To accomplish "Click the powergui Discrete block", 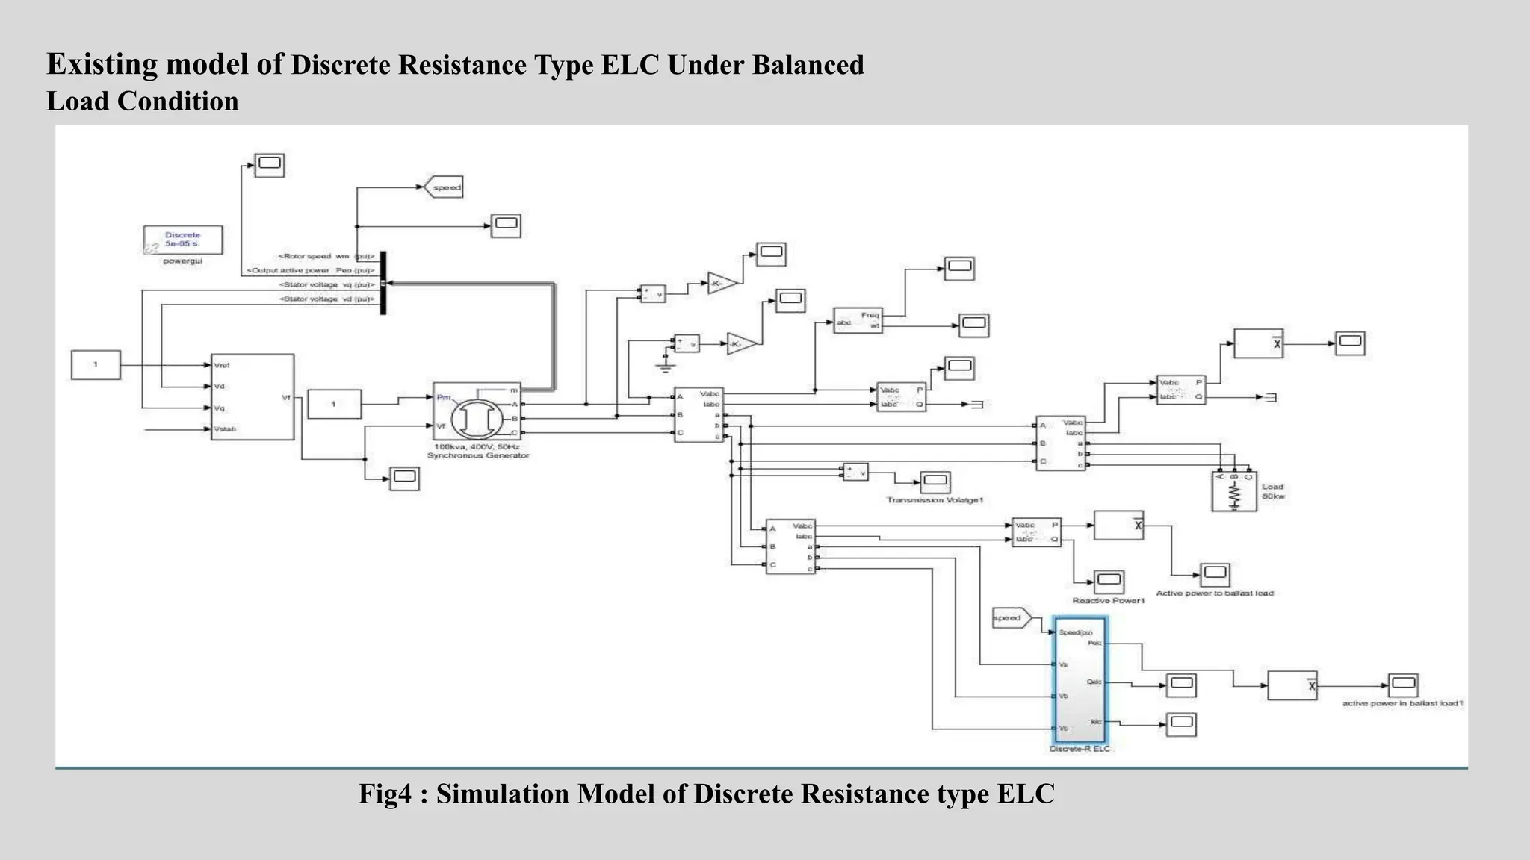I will coord(182,240).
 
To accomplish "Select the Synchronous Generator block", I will coord(477,412).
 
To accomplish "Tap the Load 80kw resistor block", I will coord(1234,491).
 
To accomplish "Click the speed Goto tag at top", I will coord(444,187).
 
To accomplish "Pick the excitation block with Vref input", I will coord(253,397).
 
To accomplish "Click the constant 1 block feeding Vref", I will coord(96,365).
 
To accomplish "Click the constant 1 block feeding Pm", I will coord(334,404).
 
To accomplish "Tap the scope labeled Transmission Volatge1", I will coord(935,482).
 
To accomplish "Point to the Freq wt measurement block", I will coord(858,320).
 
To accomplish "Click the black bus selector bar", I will coord(383,283).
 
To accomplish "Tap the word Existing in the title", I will coord(102,65).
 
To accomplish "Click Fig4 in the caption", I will coord(385,794).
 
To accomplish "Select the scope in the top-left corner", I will coord(269,165).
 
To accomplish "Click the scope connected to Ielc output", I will coord(1181,724).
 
